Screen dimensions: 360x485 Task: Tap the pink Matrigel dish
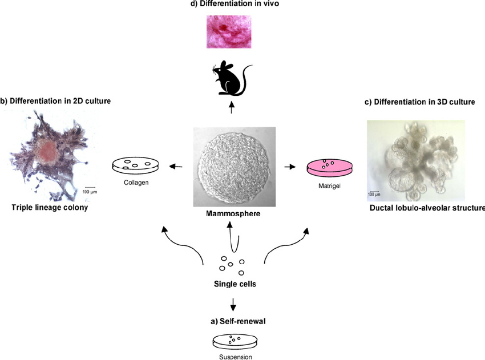click(x=329, y=167)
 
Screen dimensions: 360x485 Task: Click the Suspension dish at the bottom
click(x=235, y=342)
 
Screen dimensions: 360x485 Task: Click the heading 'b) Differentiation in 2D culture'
click(x=55, y=101)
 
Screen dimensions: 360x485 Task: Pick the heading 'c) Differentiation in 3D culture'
click(x=419, y=102)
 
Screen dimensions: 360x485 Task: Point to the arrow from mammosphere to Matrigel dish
click(x=290, y=167)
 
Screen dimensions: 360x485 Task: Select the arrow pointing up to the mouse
click(x=231, y=107)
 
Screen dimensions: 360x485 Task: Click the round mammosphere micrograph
click(x=231, y=167)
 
